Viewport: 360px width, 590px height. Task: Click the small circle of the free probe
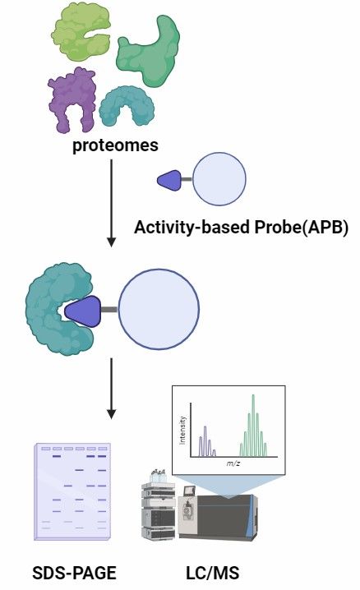tap(218, 177)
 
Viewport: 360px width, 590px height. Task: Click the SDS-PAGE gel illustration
tap(72, 491)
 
